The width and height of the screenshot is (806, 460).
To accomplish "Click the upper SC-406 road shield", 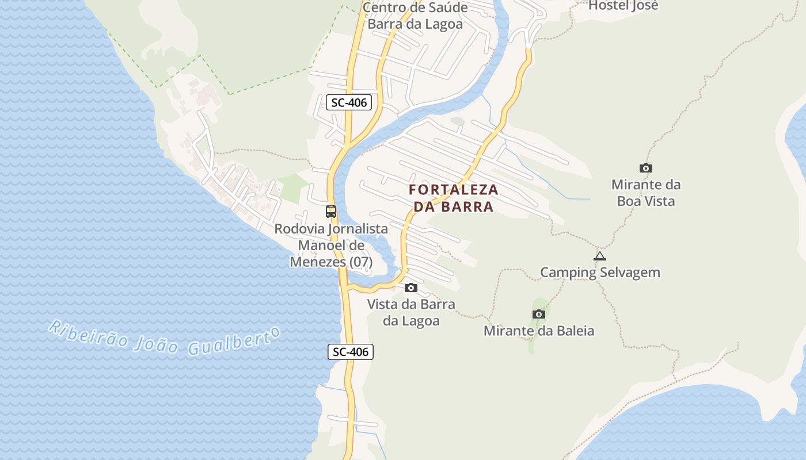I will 349,103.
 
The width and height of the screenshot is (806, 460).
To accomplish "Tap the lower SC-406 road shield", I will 351,352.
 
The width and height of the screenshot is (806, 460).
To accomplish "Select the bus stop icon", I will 331,211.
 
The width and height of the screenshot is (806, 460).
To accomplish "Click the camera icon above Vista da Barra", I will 411,287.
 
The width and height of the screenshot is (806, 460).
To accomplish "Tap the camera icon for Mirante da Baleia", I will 539,314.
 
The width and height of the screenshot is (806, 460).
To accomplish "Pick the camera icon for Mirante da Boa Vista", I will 646,168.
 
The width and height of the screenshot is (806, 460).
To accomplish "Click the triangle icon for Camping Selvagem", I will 600,256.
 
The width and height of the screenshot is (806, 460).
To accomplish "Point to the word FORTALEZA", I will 454,190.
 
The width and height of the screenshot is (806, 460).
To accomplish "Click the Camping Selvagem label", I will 600,272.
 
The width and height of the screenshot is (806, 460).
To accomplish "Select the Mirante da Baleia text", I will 539,331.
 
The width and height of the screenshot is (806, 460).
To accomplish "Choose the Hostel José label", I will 623,6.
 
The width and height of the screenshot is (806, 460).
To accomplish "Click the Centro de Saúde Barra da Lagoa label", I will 415,16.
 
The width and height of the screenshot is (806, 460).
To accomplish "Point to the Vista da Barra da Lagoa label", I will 411,312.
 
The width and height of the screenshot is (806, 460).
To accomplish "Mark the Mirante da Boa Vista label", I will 646,193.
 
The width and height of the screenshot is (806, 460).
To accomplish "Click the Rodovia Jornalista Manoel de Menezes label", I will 331,245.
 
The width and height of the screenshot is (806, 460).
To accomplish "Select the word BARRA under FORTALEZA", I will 467,206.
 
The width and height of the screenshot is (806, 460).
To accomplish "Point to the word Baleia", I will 573,331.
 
